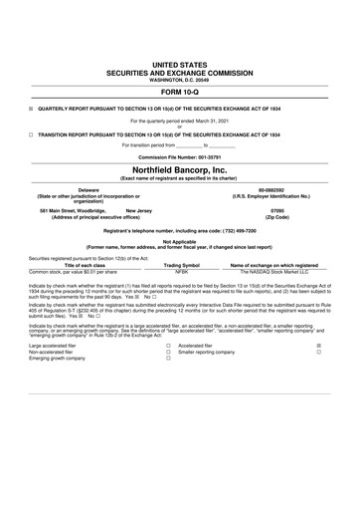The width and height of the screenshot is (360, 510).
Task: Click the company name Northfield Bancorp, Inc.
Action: coord(179,170)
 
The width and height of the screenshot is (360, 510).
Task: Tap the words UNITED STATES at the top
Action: coord(179,63)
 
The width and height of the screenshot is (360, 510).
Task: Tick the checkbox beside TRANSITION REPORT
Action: coord(31,133)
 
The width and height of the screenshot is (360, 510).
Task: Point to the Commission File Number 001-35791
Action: coord(179,156)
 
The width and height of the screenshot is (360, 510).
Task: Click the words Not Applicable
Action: coord(179,240)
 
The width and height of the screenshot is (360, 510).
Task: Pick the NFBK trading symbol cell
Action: coord(181,271)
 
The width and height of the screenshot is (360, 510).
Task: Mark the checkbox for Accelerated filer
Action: coord(317,346)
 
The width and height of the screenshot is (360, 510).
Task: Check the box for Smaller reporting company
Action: coord(317,352)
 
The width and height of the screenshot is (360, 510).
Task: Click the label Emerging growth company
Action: coord(59,359)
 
